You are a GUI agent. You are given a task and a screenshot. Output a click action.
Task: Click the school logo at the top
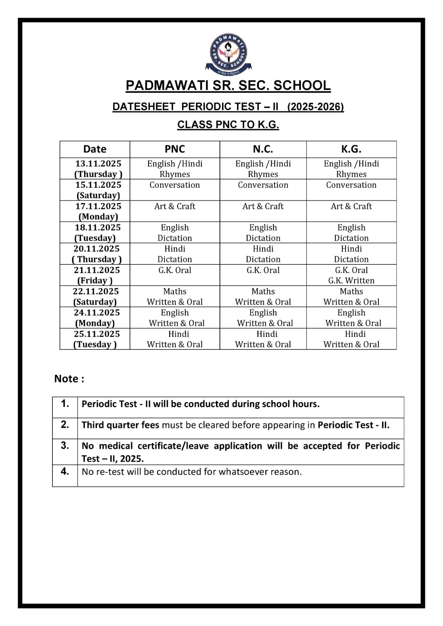pos(228,54)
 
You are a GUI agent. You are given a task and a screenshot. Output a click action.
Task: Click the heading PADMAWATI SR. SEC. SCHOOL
pos(228,86)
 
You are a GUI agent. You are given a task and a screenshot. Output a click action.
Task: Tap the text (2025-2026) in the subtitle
pos(315,107)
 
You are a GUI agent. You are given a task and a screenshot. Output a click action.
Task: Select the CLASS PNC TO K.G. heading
pos(228,125)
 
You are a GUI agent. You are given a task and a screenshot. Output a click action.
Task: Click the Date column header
pos(95,149)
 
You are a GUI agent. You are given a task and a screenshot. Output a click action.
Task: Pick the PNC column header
pos(175,149)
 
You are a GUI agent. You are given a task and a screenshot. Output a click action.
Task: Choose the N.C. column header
pos(263,149)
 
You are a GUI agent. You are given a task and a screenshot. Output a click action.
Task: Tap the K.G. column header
pos(351,149)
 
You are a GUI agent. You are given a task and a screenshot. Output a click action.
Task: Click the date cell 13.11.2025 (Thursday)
pos(98,169)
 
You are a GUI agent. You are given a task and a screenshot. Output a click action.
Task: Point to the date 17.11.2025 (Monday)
pos(98,211)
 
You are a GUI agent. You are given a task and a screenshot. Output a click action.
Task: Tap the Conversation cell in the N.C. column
pos(263,185)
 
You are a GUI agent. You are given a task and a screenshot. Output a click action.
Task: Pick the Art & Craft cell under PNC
pos(175,206)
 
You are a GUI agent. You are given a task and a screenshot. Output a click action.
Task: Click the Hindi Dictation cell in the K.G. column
pos(351,254)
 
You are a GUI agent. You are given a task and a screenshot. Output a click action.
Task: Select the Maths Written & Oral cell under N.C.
pos(263,297)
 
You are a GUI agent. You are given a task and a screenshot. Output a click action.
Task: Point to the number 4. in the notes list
pos(65,471)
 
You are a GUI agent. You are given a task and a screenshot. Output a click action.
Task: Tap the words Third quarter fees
pos(120,425)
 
